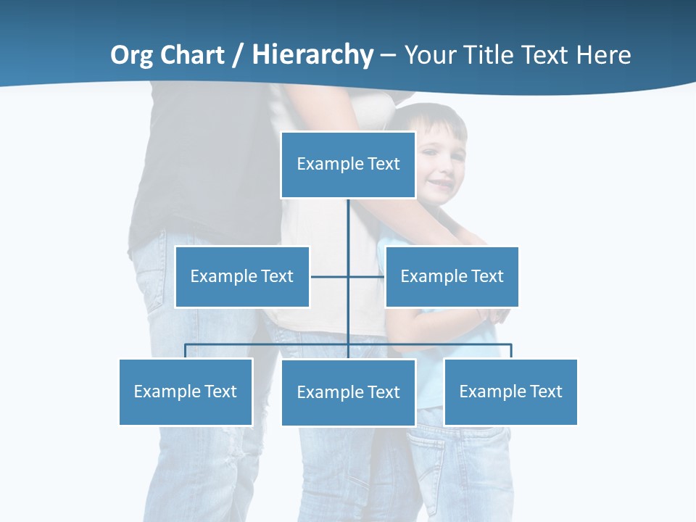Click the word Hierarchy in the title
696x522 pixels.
[x=312, y=55]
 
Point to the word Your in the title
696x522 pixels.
[x=429, y=55]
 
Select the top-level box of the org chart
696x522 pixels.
[x=348, y=165]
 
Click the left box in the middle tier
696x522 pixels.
[x=242, y=276]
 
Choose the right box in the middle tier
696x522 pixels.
[x=452, y=276]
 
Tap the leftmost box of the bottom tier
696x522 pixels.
[x=186, y=391]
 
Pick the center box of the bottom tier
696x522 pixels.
[x=348, y=392]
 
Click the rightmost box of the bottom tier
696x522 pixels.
[x=510, y=391]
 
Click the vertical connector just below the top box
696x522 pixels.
[x=348, y=221]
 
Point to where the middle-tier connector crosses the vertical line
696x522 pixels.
[x=348, y=276]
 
